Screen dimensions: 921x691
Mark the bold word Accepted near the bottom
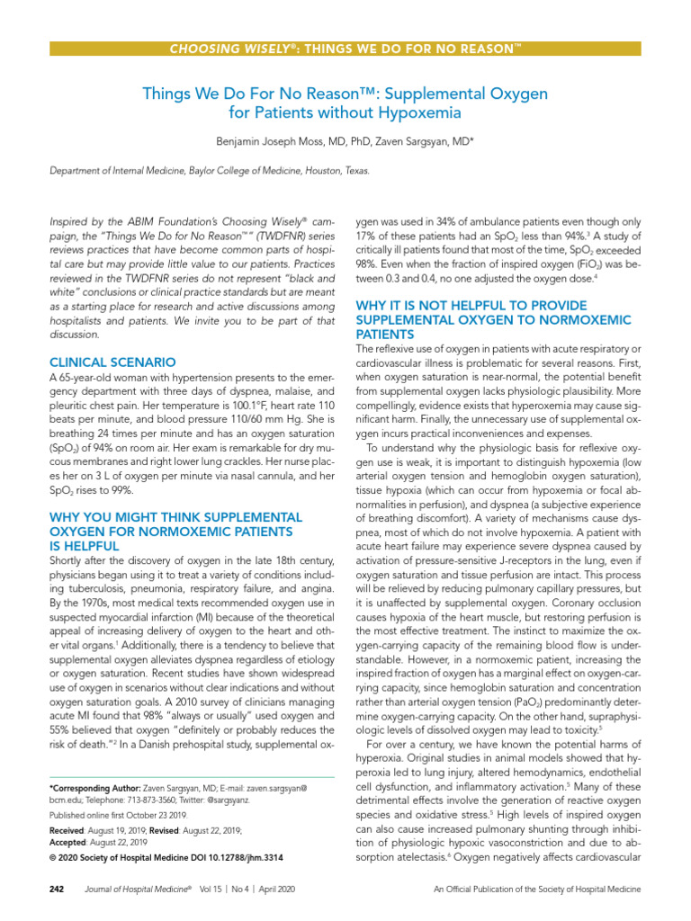coord(70,842)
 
